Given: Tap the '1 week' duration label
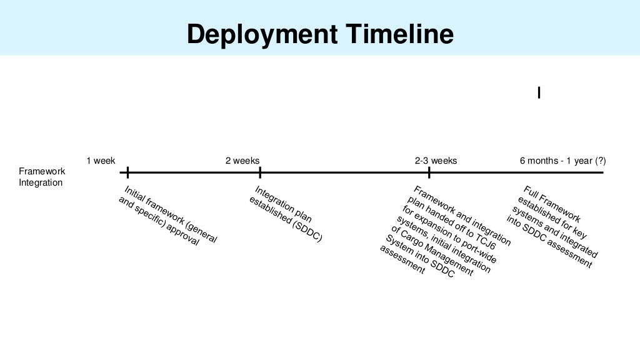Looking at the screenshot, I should [101, 161].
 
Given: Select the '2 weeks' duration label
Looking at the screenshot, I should [242, 161].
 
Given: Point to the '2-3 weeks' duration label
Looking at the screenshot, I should [436, 161].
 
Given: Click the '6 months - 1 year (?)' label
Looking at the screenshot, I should [562, 161].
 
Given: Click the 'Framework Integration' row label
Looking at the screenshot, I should [41, 177].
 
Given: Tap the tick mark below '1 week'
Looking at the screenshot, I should [127, 172].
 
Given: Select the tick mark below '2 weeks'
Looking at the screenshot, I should [260, 172].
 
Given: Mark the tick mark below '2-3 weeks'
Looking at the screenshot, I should [429, 172].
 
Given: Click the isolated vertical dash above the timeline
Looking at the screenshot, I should [539, 92].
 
